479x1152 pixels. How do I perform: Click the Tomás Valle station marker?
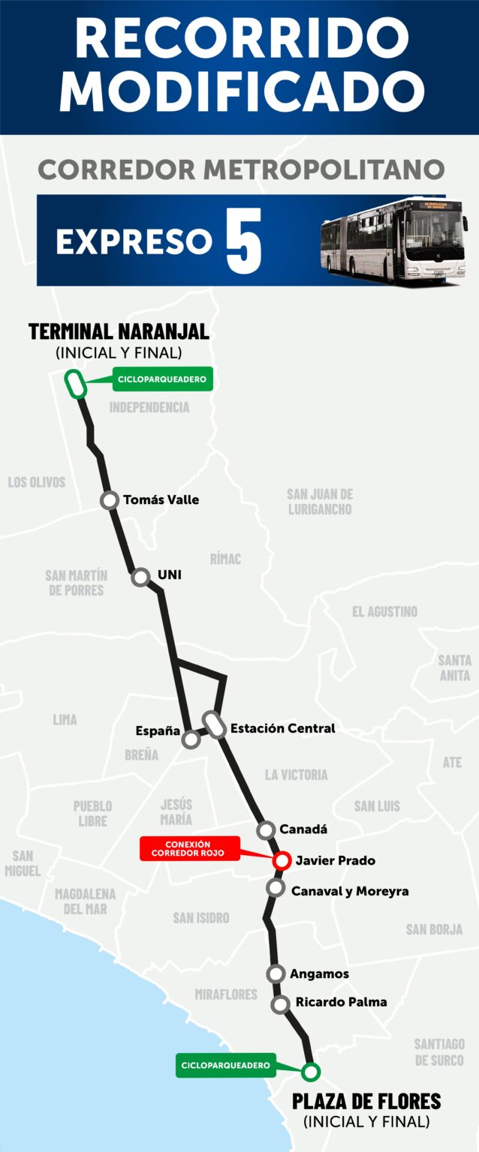[110, 500]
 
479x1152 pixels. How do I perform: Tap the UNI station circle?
[140, 577]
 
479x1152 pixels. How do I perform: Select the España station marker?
[191, 739]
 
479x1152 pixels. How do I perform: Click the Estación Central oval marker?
[216, 725]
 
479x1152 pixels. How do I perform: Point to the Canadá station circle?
[266, 829]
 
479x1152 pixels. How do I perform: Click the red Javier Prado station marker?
[282, 860]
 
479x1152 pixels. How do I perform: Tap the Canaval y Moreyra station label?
[350, 891]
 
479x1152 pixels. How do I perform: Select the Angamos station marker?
[276, 973]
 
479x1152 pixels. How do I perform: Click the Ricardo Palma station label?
[341, 1002]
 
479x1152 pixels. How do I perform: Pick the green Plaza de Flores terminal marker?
[310, 1071]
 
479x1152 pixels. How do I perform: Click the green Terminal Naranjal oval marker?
[75, 384]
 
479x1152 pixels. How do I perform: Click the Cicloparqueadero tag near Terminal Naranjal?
[161, 379]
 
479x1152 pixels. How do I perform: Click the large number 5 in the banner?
[244, 241]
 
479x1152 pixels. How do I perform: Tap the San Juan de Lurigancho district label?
[320, 502]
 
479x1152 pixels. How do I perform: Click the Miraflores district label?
[226, 994]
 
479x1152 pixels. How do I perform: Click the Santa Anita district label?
[454, 667]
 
